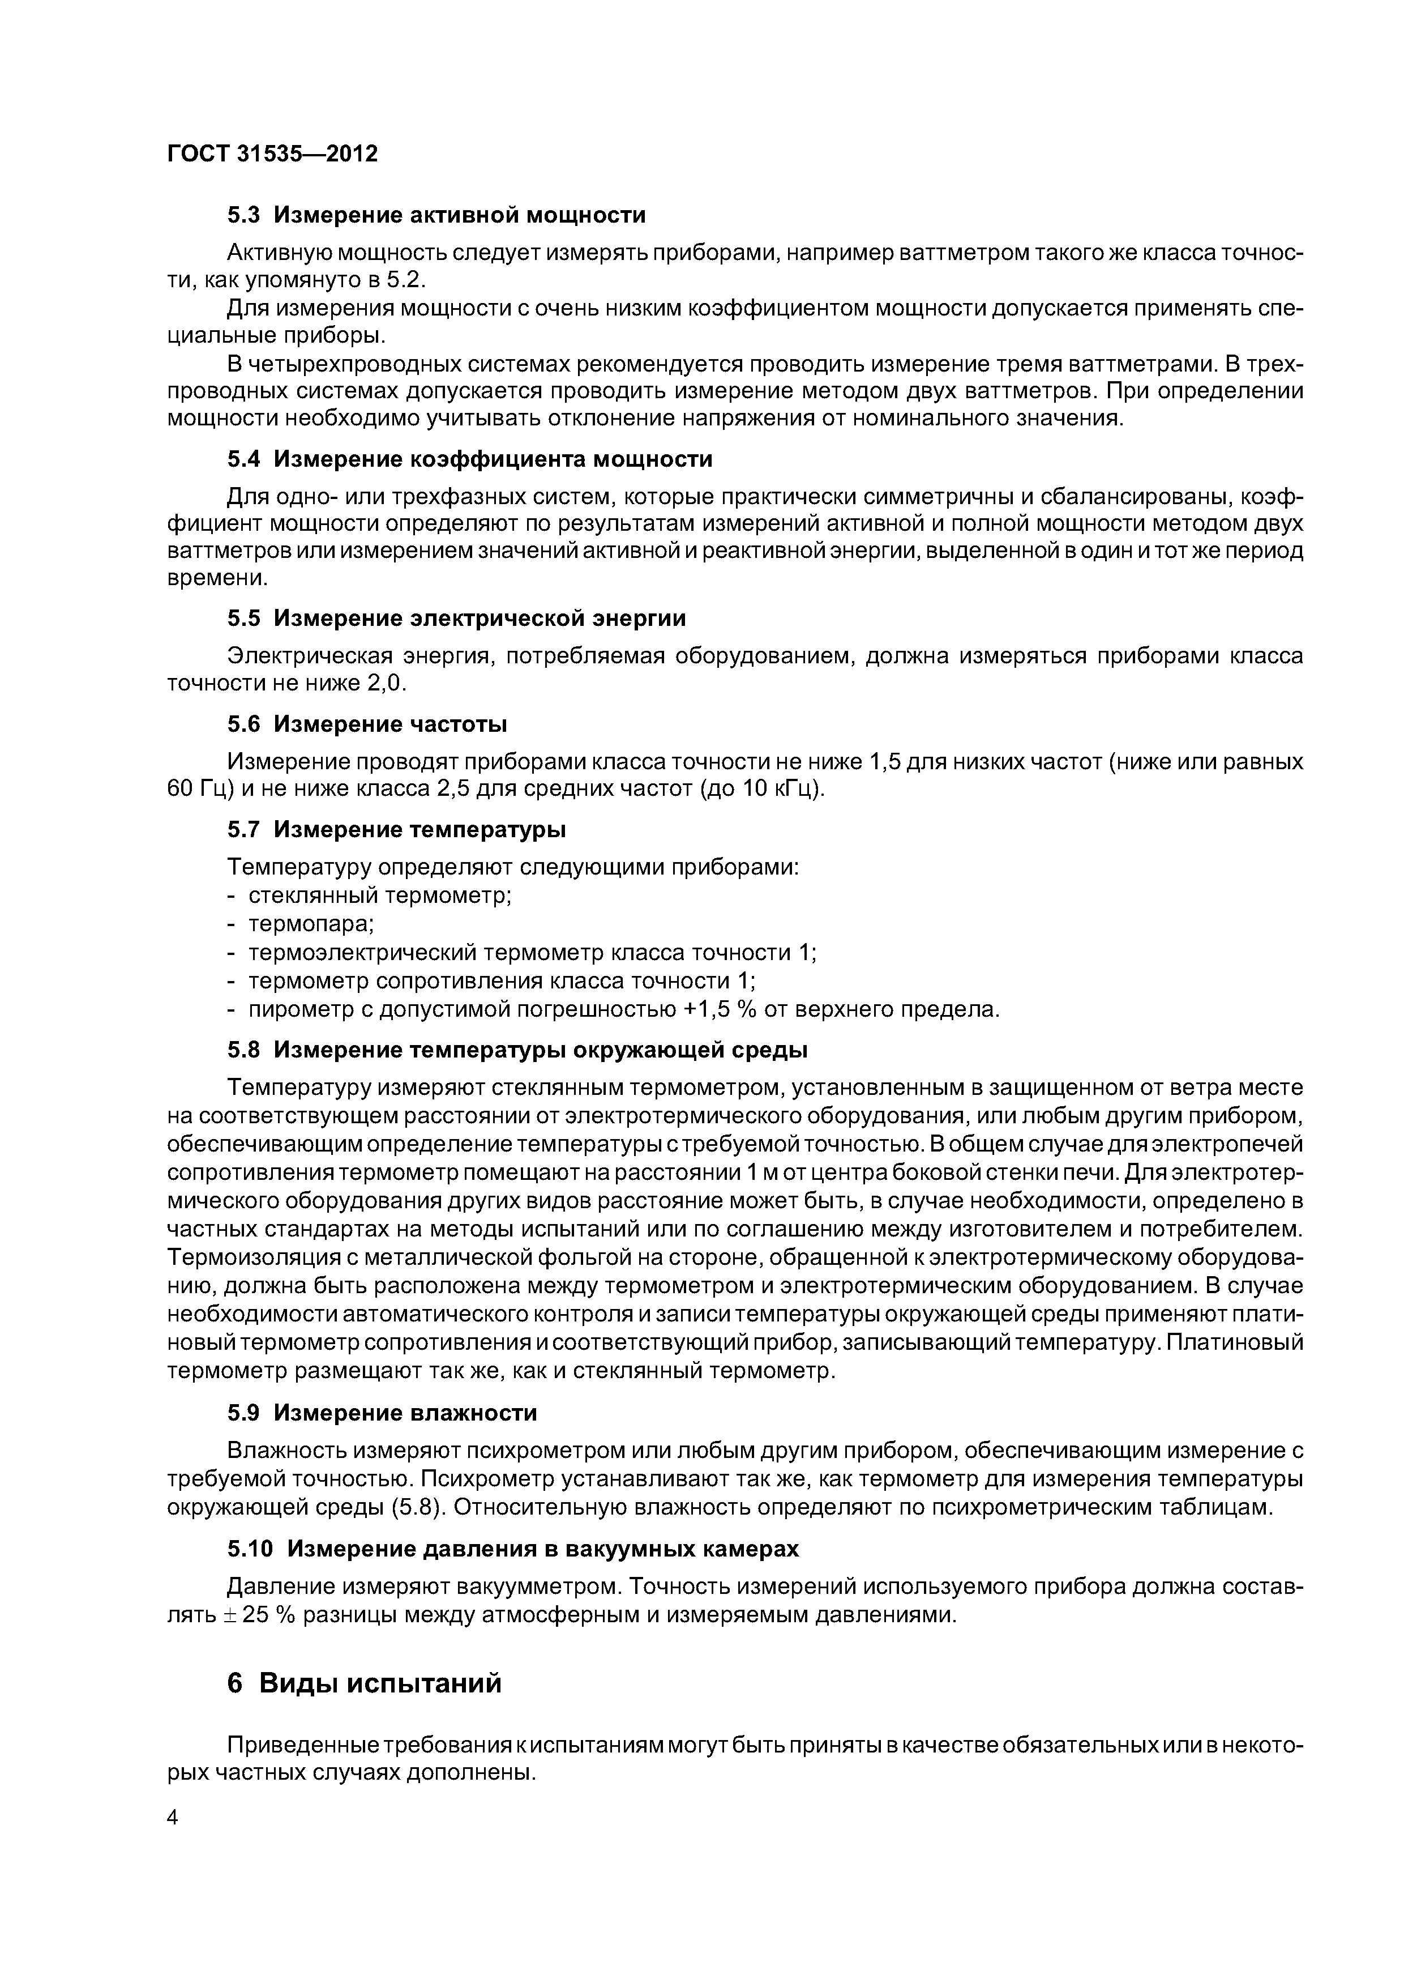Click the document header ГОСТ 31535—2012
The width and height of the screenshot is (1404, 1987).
point(272,154)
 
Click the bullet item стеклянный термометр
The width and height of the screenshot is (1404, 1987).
point(380,896)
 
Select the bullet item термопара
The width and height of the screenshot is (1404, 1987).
point(311,924)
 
